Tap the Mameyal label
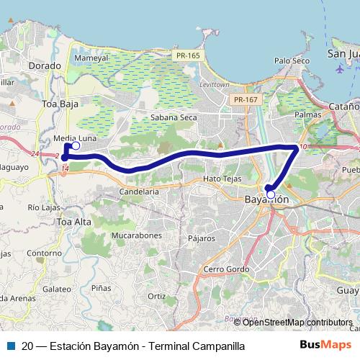coord(91,58)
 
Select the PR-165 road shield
coord(189,55)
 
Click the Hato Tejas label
coord(221,178)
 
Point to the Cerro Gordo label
coord(225,269)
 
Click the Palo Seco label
coord(292,61)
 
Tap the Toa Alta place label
coord(73,222)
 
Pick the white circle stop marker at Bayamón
coord(271,194)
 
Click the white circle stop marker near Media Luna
coord(76,145)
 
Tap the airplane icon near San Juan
coord(339,70)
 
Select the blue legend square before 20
coord(10,346)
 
